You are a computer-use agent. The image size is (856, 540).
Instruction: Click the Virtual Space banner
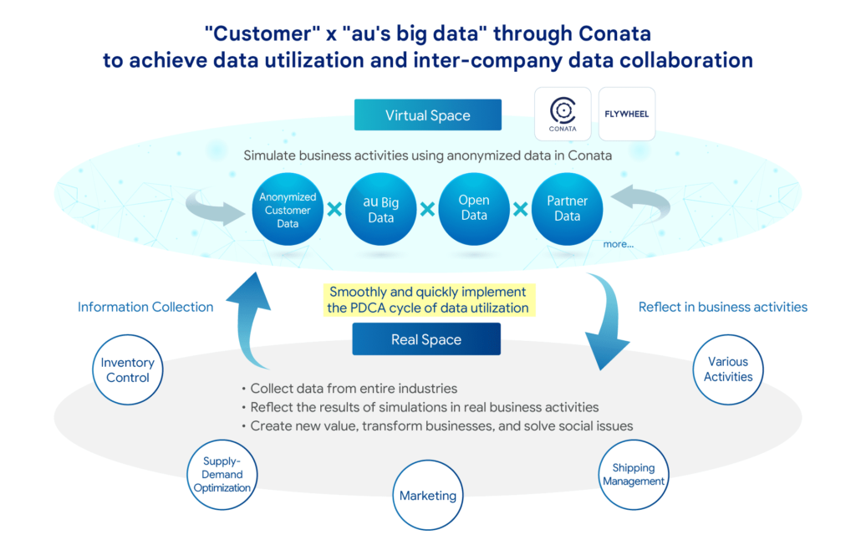click(x=427, y=115)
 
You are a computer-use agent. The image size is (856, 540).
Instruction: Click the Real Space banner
click(x=426, y=339)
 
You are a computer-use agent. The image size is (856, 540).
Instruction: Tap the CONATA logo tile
click(x=563, y=114)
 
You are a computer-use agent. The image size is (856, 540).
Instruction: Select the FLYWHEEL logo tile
click(x=627, y=114)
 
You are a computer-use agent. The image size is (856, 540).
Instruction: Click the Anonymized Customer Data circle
click(x=288, y=210)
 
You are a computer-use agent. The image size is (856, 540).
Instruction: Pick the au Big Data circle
click(x=380, y=209)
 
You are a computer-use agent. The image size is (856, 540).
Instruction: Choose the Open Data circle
click(x=473, y=209)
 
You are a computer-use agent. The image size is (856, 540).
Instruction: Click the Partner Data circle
click(x=567, y=209)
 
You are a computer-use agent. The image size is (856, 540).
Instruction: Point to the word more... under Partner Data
click(x=618, y=244)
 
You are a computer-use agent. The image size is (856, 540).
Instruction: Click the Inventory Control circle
click(x=127, y=370)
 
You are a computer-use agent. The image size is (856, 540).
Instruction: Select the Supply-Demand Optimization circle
click(x=222, y=474)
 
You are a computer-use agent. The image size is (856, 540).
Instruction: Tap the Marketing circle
click(x=428, y=496)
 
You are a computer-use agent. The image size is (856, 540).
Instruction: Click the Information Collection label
click(x=145, y=307)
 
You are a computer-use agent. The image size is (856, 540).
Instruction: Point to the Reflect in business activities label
click(x=722, y=307)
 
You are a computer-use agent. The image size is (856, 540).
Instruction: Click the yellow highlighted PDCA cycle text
click(x=428, y=300)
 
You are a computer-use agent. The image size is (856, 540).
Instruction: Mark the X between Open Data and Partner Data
click(x=520, y=209)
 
